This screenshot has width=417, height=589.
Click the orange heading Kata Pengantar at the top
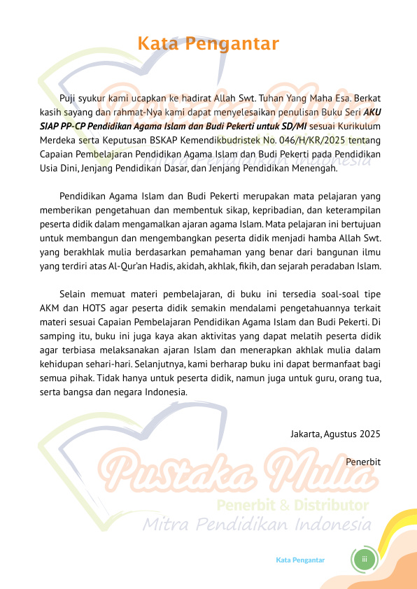click(x=208, y=44)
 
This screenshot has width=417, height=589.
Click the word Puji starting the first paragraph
click(x=69, y=97)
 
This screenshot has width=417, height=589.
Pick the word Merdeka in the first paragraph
click(x=57, y=139)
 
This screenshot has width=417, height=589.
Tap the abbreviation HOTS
click(x=88, y=308)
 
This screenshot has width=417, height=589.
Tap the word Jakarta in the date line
click(x=306, y=434)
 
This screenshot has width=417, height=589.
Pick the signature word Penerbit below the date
click(x=363, y=462)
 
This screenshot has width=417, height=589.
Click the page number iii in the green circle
click(x=365, y=560)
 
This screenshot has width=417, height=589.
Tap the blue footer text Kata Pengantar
click(x=300, y=560)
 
